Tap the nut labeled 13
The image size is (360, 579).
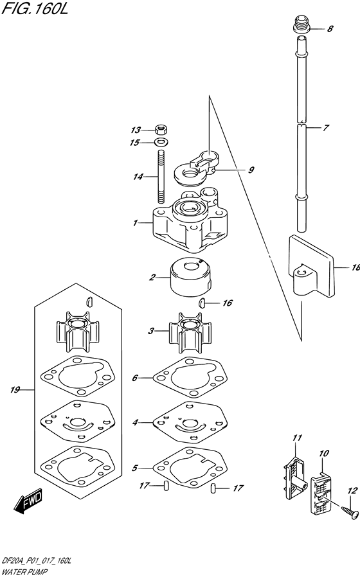[161, 130]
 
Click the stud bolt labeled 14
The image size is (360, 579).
[161, 177]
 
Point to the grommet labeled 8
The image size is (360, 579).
[301, 23]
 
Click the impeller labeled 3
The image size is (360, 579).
[190, 334]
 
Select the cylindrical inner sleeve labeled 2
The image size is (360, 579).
[190, 277]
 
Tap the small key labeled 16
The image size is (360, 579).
[203, 303]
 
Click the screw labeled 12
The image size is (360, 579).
[350, 511]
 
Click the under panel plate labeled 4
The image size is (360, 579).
[190, 422]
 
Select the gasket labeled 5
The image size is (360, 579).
[190, 467]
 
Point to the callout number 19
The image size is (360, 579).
[15, 390]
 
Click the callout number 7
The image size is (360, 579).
[326, 128]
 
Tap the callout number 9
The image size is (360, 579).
[251, 170]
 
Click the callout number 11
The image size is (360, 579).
[297, 438]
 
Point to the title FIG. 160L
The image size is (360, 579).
[35, 8]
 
